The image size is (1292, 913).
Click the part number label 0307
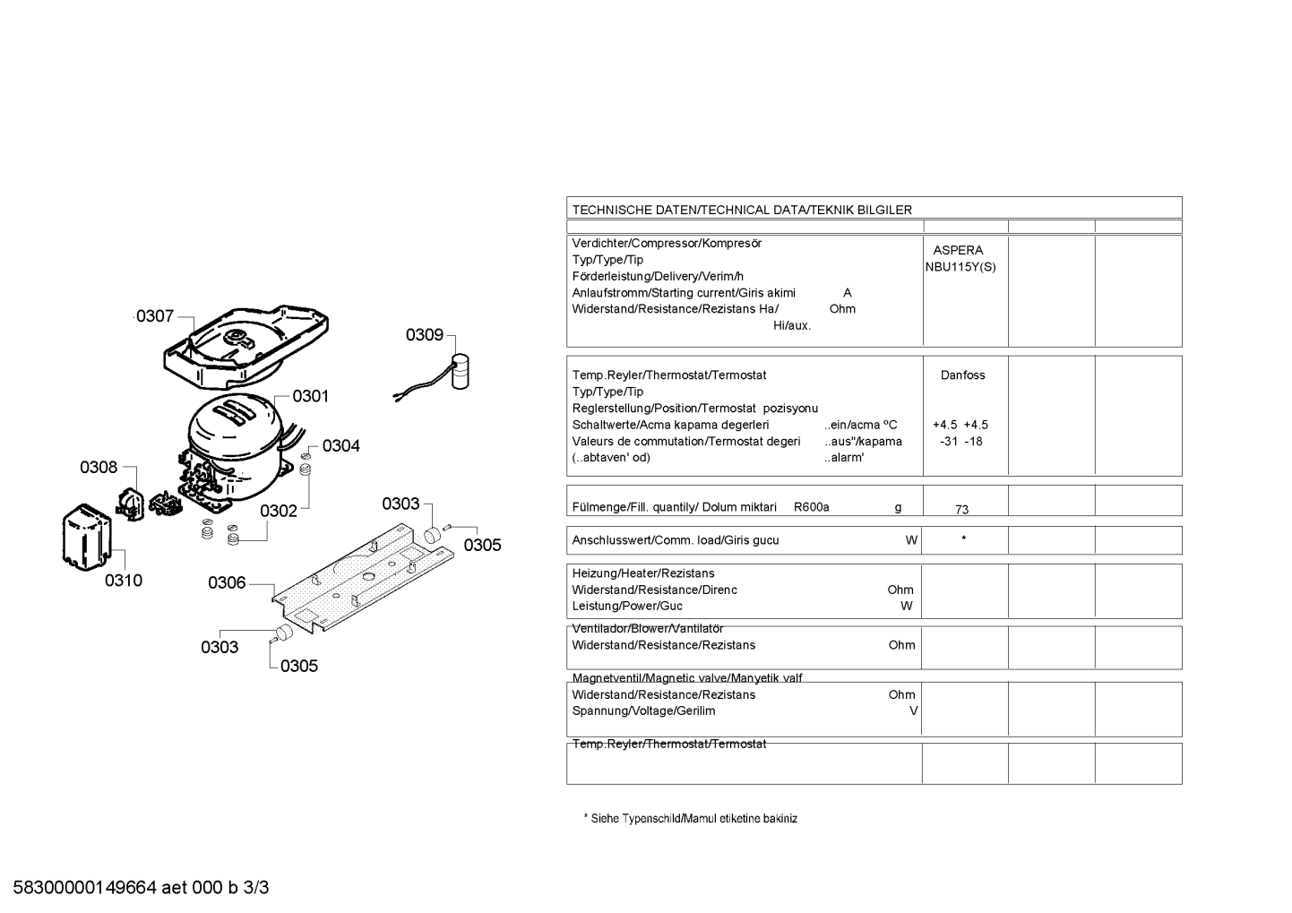click(x=155, y=316)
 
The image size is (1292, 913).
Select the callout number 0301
click(x=310, y=396)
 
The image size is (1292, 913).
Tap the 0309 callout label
click(x=425, y=335)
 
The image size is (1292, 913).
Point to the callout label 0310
click(x=124, y=581)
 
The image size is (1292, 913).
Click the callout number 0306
click(x=227, y=583)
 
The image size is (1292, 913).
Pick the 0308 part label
click(x=99, y=467)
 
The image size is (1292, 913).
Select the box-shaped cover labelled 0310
click(x=87, y=538)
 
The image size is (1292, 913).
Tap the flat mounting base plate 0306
click(x=363, y=577)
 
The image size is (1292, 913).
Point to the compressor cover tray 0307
click(x=246, y=348)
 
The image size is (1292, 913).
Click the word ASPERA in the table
click(x=958, y=250)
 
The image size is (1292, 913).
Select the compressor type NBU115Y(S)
click(x=960, y=267)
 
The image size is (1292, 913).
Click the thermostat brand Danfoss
click(x=962, y=375)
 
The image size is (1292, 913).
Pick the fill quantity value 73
click(x=962, y=509)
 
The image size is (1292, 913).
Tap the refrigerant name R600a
click(x=812, y=507)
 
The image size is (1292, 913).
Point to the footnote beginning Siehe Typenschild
click(x=691, y=818)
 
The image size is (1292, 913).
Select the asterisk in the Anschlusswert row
click(x=963, y=538)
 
